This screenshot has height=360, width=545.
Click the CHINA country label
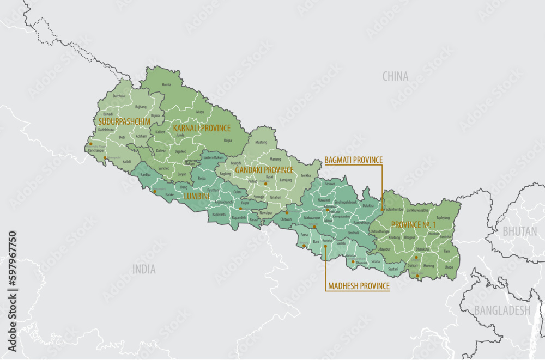(395, 76)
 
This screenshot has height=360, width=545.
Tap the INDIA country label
(144, 269)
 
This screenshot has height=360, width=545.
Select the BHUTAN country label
(519, 231)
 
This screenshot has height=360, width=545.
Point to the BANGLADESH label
(501, 310)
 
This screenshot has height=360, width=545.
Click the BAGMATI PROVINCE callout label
(353, 160)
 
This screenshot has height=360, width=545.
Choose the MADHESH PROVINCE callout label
(358, 286)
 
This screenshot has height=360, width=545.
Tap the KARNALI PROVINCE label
(202, 128)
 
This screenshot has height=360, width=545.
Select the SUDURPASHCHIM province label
(124, 121)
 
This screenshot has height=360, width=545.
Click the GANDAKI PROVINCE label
(264, 170)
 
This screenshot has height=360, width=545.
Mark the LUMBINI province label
(197, 195)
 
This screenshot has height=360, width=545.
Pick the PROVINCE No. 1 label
(414, 224)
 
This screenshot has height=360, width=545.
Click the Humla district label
(167, 85)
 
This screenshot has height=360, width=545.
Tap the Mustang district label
(262, 142)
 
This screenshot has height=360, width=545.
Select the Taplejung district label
(443, 217)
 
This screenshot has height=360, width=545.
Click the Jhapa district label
(449, 267)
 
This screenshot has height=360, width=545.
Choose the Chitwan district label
(286, 219)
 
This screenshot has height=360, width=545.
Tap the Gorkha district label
(306, 175)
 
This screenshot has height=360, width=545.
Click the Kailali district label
(126, 162)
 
